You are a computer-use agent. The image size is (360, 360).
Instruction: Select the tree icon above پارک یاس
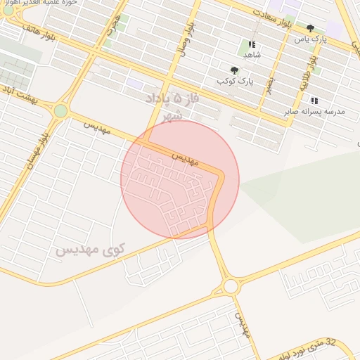click(310, 28)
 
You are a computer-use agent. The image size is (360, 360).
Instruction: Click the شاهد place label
click(252, 54)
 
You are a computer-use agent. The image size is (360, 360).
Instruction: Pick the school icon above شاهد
click(252, 44)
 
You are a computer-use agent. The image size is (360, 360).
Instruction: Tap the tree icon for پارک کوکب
click(234, 70)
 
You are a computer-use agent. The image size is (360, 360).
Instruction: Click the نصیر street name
click(269, 84)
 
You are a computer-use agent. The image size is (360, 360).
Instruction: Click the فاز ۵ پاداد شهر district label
click(172, 105)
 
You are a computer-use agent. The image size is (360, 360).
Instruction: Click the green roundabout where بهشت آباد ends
click(61, 110)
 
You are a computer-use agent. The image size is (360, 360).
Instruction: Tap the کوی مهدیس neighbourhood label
click(91, 250)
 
